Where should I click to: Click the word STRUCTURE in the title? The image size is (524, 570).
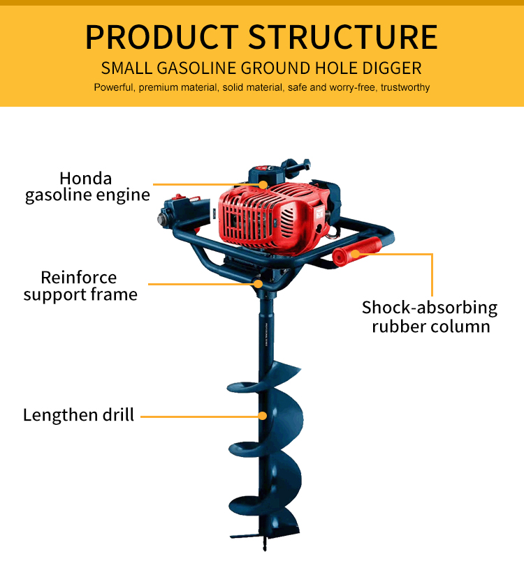pos(343,36)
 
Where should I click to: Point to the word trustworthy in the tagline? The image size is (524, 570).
pos(405,88)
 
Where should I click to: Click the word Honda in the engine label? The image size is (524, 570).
pos(85,178)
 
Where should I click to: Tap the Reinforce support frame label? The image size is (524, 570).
pos(80,286)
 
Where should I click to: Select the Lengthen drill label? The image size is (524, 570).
pos(78,415)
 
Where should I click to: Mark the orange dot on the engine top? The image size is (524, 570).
pos(263,185)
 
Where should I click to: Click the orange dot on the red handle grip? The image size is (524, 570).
pos(356,254)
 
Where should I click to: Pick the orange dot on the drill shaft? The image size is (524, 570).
pos(263,416)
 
